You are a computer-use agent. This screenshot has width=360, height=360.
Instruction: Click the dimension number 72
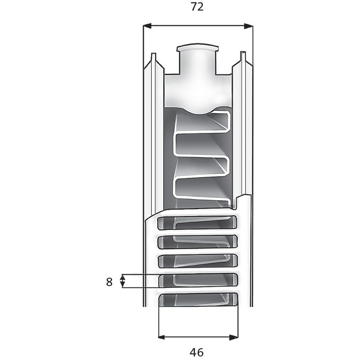point(198,7)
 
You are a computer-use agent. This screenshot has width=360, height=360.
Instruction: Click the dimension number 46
point(197,352)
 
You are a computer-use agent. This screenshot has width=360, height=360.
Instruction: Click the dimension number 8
point(110,282)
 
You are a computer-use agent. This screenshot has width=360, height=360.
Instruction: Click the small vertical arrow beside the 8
point(123,281)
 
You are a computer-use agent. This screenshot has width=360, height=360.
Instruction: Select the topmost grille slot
point(198,222)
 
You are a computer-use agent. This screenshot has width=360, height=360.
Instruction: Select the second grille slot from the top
point(198,242)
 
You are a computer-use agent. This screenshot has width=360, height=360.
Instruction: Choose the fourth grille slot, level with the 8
point(198,280)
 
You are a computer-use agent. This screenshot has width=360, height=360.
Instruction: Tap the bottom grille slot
point(198,300)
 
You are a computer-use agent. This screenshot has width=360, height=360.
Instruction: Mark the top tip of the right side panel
point(242,54)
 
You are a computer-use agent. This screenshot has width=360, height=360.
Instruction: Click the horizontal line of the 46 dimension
point(198,338)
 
